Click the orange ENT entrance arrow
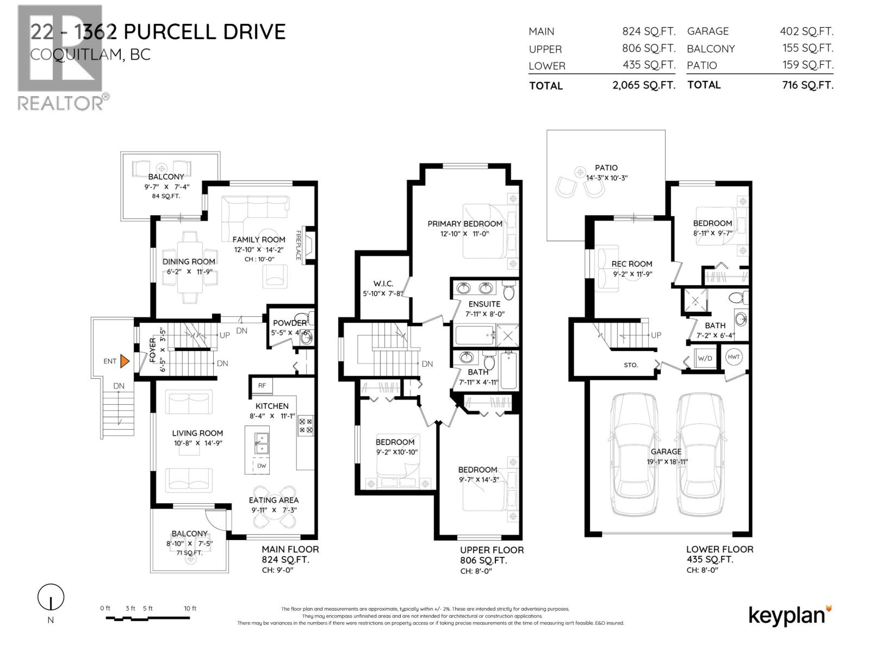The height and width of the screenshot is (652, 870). point(125,361)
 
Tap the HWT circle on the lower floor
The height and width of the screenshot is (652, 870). point(734,357)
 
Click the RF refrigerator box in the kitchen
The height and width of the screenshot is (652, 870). point(262,385)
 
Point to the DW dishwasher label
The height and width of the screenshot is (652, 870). point(262,466)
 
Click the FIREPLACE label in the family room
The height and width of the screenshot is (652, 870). point(298,246)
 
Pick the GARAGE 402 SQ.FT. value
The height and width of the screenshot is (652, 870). point(806,32)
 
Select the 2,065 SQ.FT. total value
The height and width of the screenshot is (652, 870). point(644,85)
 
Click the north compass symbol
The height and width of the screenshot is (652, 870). point(51,598)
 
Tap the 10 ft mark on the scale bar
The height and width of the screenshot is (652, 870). point(190,609)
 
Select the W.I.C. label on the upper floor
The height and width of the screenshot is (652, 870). point(383,284)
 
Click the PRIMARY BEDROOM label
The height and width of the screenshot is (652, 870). point(464,224)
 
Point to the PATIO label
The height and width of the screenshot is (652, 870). point(606,168)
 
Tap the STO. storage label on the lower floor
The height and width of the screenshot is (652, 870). point(631,365)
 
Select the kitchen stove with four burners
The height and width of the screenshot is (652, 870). point(306,425)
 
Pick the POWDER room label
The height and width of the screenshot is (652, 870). point(289,323)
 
